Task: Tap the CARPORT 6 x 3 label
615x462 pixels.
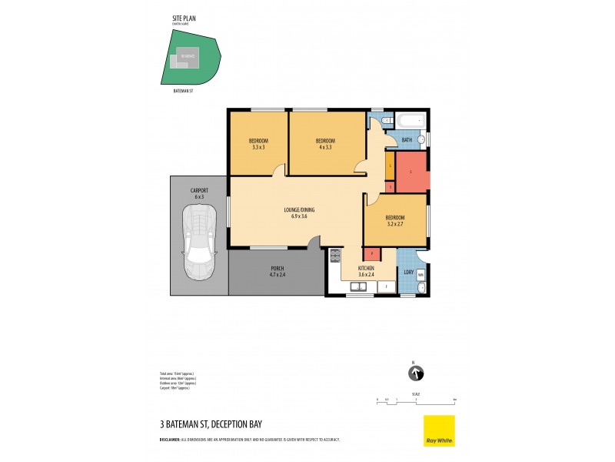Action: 199,193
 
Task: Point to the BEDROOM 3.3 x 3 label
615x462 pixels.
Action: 258,144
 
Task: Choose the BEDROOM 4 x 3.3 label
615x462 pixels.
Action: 326,144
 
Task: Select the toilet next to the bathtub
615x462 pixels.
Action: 387,121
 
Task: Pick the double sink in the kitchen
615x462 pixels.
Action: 358,286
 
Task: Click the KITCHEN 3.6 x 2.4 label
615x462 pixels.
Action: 366,272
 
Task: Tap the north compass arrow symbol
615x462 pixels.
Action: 415,374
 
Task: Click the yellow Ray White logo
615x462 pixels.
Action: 439,430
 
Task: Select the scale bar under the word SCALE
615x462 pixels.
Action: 416,400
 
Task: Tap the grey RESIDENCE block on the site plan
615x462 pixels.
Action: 187,56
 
